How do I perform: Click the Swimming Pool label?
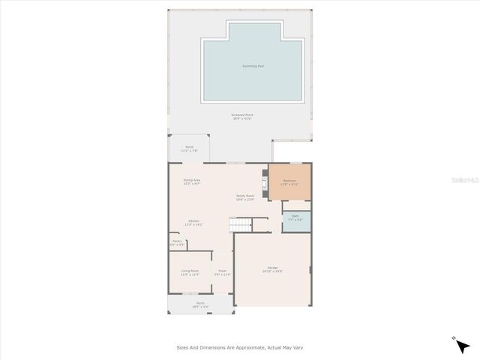[x=253, y=66]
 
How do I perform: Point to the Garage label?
[x=272, y=268]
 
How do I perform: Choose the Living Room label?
[x=190, y=271]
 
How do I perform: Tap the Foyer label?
[x=222, y=271]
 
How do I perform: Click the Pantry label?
[x=176, y=241]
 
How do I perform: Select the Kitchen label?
[x=193, y=221]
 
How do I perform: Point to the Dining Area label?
[x=192, y=180]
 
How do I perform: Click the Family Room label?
[x=245, y=195]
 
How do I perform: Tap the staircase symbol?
[x=240, y=224]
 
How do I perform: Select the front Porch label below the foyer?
[x=200, y=303]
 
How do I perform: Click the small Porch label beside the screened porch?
[x=189, y=147]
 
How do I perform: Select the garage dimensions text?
[x=272, y=271]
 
